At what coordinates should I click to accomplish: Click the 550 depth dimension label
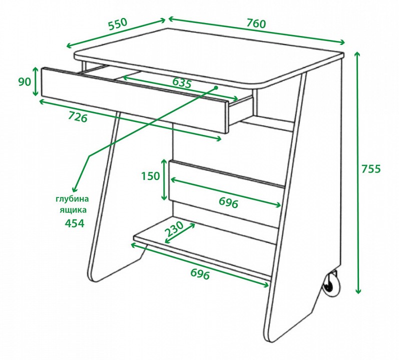[117, 24]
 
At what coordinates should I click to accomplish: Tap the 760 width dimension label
[256, 23]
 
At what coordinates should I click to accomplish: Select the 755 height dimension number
[371, 169]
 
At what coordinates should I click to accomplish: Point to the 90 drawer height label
[24, 82]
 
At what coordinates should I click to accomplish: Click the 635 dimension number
[181, 83]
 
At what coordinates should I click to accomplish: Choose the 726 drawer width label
[78, 117]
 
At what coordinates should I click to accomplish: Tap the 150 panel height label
[150, 176]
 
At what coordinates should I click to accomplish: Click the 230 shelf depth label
[174, 228]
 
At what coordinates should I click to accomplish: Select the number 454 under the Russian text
[74, 223]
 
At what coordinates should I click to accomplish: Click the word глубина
[72, 198]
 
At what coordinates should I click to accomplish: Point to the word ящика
[73, 210]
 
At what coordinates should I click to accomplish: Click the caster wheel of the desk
[331, 284]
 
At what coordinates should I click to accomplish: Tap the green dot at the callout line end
[216, 87]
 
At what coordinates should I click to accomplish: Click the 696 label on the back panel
[228, 203]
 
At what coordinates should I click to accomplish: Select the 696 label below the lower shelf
[200, 274]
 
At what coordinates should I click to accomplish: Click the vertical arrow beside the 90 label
[35, 81]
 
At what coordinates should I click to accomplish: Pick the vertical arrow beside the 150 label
[164, 179]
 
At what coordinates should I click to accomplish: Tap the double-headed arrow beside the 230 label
[180, 233]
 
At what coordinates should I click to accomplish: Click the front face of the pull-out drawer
[134, 100]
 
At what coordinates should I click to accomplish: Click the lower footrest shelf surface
[203, 244]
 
